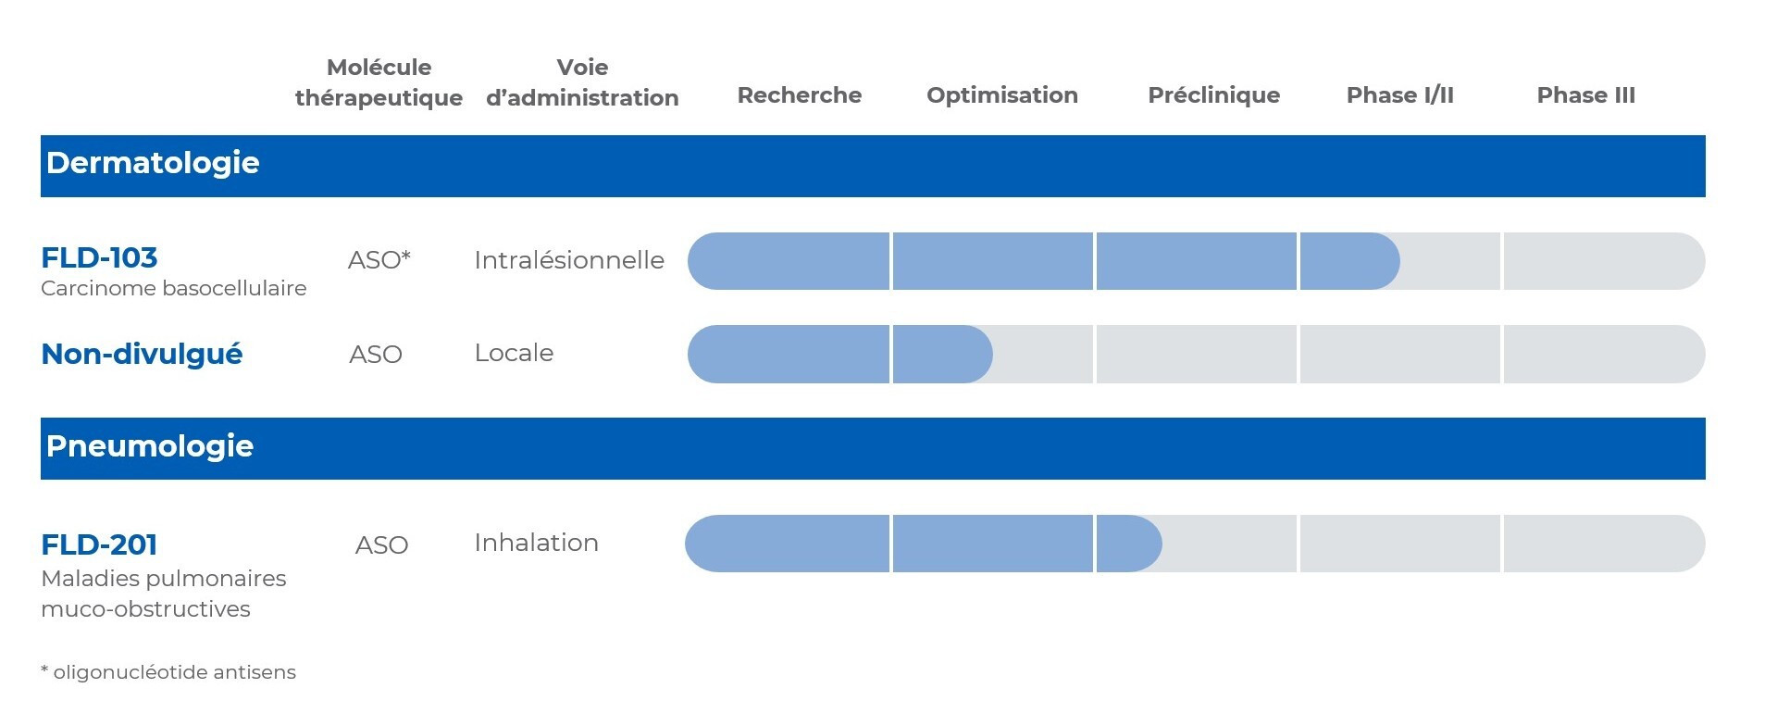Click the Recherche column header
(x=799, y=95)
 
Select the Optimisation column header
(x=1001, y=95)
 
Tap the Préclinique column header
(x=1213, y=95)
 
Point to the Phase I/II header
(x=1399, y=95)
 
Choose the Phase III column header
(x=1585, y=95)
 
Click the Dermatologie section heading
(x=153, y=163)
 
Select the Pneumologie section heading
(x=150, y=446)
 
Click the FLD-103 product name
(x=99, y=257)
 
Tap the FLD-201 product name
(x=99, y=544)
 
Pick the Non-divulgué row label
(x=142, y=354)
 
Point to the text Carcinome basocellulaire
(x=173, y=288)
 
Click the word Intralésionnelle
(x=568, y=260)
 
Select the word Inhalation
(x=536, y=543)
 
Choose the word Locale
(x=514, y=353)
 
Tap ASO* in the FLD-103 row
(x=379, y=260)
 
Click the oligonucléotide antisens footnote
(x=168, y=672)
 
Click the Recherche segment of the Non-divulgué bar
(x=789, y=354)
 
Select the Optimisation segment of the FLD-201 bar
(x=992, y=544)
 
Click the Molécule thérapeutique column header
(x=379, y=82)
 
